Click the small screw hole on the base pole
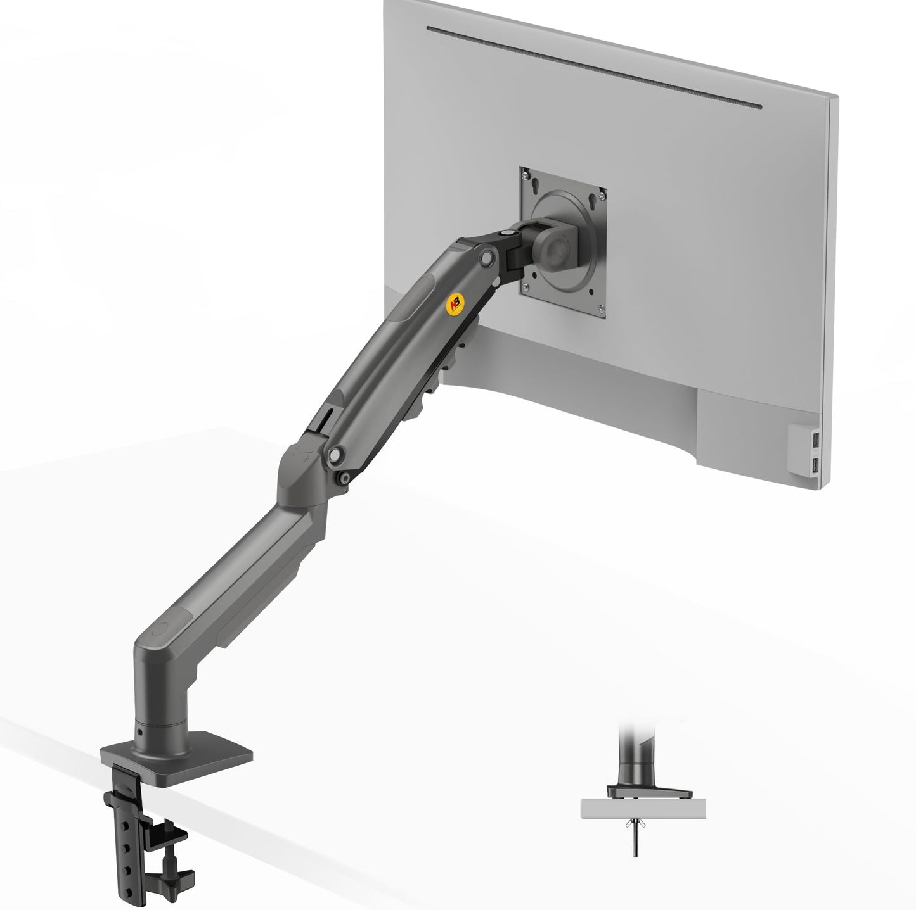click(x=139, y=732)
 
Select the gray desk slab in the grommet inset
click(x=643, y=806)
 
